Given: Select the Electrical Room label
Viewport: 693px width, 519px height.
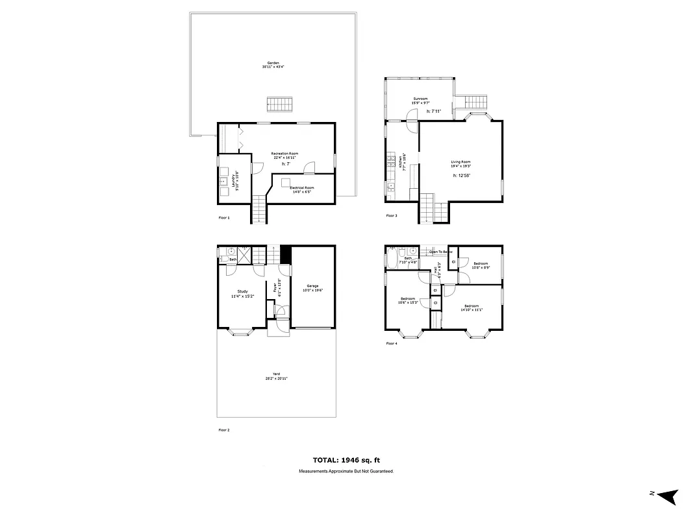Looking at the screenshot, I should coord(301,189).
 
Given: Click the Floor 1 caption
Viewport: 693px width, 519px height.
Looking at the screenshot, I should coord(224,218).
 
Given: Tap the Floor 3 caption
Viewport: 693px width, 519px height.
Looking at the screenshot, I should coord(392,215).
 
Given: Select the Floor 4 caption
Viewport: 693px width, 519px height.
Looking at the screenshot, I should coord(392,343).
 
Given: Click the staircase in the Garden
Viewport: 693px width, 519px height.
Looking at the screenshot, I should coord(280,104).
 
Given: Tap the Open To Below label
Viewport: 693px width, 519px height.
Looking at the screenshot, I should coord(440,251).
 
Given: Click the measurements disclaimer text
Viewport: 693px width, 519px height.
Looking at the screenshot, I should coord(346,471).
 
